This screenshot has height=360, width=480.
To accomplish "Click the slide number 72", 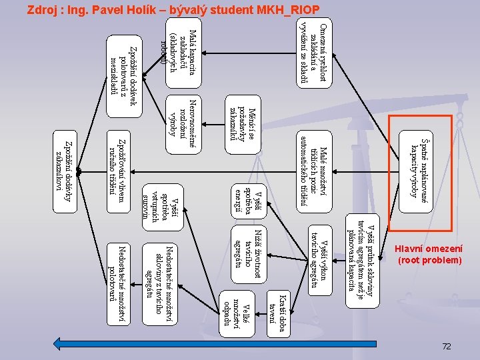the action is coord(447,346).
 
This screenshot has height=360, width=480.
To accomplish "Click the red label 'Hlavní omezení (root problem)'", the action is coord(429,253).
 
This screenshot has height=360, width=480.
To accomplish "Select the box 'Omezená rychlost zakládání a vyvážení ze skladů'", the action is coord(313,53).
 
